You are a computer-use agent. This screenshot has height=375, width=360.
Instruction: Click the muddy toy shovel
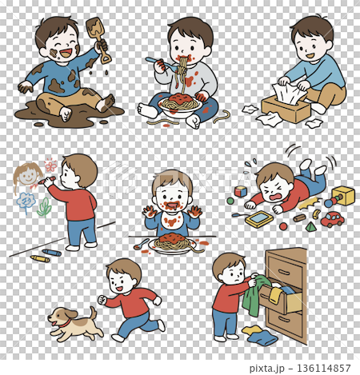[x=98, y=38]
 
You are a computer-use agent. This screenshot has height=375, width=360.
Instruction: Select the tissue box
[x=286, y=110]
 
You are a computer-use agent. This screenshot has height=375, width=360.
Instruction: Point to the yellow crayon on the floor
[x=40, y=258]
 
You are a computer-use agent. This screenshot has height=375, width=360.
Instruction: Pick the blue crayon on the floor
[x=51, y=253]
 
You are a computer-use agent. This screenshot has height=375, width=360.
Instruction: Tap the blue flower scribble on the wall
[x=26, y=201]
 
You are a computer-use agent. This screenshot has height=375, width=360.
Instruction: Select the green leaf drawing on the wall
[x=45, y=207]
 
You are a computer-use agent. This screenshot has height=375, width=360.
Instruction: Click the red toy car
[x=332, y=219]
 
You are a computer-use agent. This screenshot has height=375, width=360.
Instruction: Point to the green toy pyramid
[x=310, y=227]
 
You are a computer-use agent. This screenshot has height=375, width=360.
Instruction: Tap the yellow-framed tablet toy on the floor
[x=259, y=219]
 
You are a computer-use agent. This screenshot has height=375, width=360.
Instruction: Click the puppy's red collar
[x=65, y=325]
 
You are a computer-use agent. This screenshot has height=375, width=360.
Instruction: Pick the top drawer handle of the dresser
[x=284, y=273]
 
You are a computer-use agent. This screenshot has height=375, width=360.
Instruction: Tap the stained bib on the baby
[x=171, y=222]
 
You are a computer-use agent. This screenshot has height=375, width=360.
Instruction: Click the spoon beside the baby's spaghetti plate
[x=142, y=244]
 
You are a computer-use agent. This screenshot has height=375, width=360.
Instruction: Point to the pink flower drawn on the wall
[x=50, y=165]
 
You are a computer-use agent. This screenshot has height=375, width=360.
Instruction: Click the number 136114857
[x=323, y=369]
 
